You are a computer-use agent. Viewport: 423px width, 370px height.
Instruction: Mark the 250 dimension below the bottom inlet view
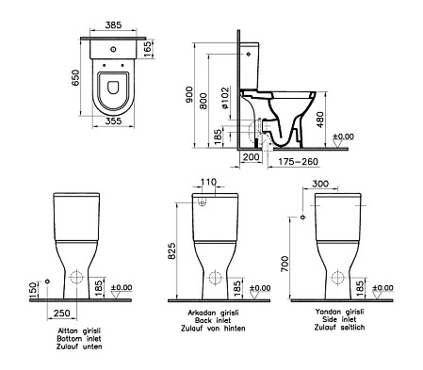click(64, 312)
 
